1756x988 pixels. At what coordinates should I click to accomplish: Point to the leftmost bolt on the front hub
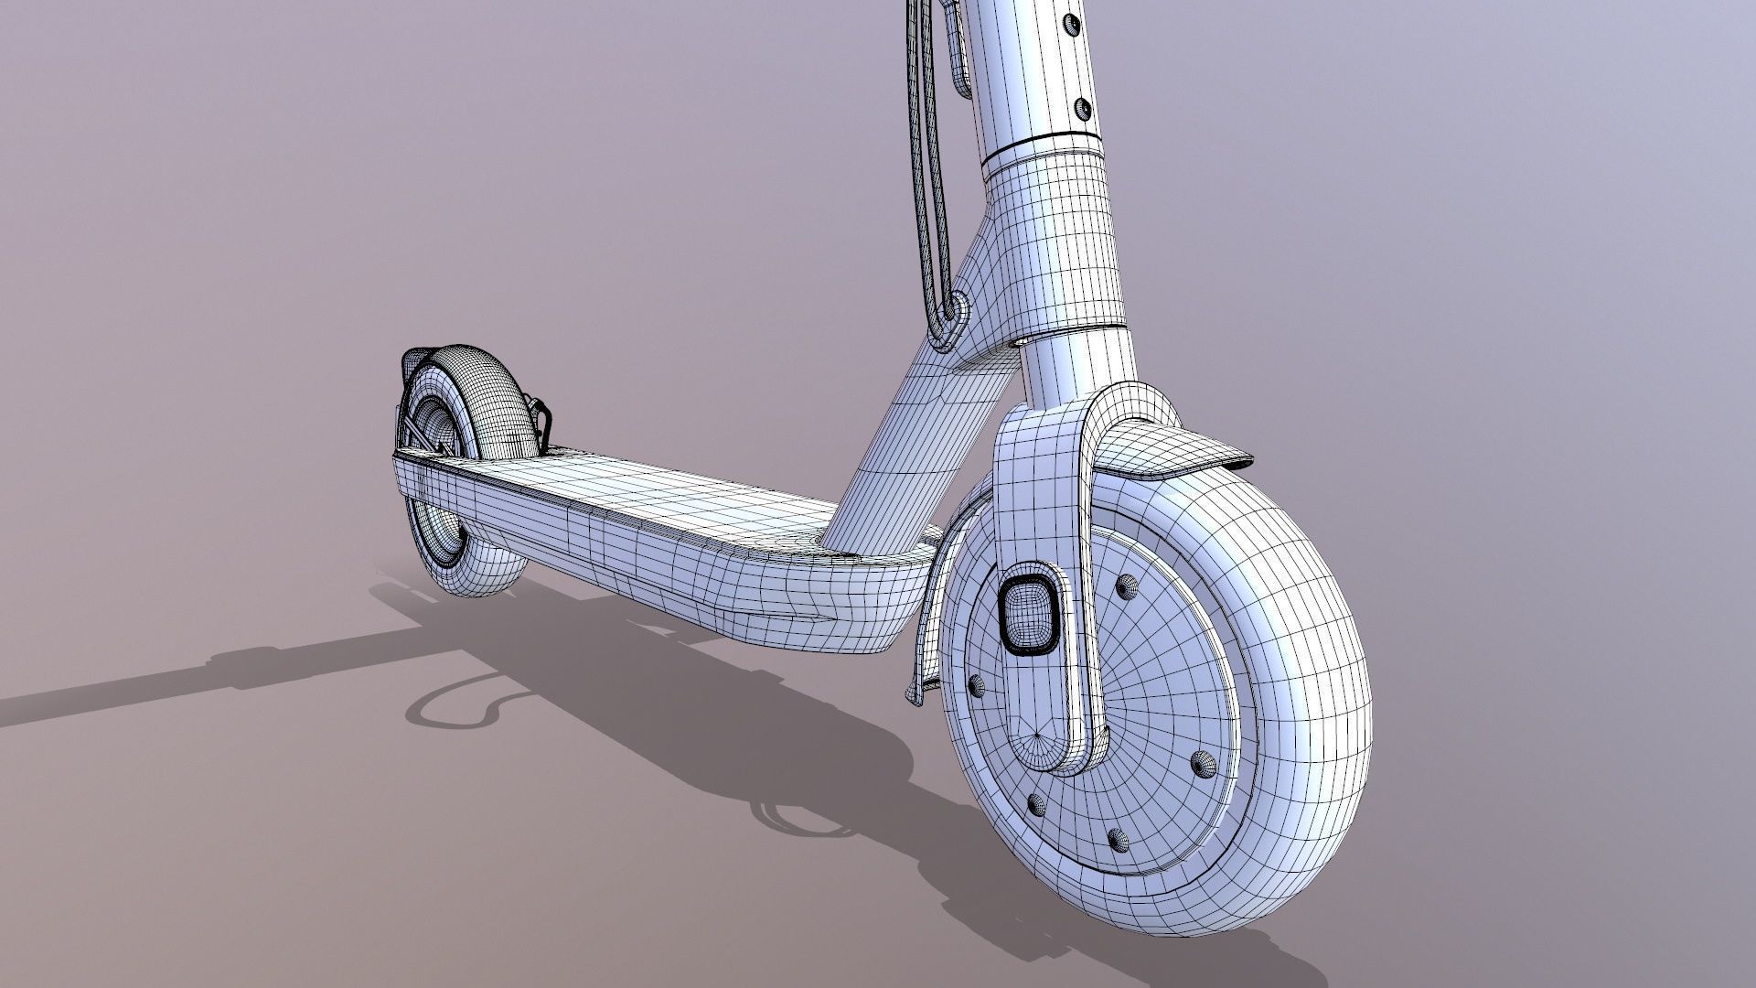click(x=975, y=683)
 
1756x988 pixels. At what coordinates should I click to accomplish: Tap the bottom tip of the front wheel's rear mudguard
click(x=919, y=695)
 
